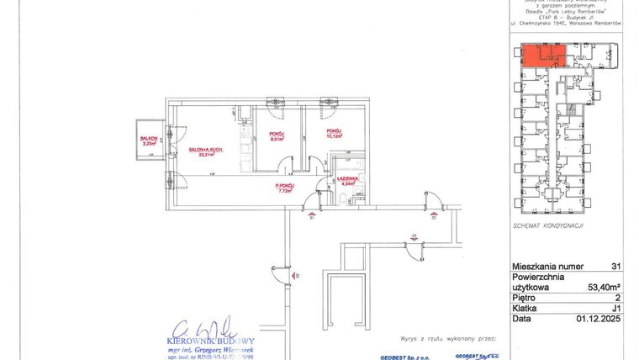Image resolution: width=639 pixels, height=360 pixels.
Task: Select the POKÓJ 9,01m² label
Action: click(x=277, y=137)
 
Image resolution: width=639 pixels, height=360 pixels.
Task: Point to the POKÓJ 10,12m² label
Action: click(x=334, y=133)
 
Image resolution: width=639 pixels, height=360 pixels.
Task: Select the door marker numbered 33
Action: click(x=414, y=236)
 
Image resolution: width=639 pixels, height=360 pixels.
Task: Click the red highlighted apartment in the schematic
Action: click(x=541, y=56)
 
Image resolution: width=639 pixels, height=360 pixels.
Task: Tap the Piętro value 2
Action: click(x=618, y=298)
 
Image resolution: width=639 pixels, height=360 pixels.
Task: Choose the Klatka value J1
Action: click(x=615, y=309)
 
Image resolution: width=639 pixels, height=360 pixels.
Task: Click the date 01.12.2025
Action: click(x=599, y=320)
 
